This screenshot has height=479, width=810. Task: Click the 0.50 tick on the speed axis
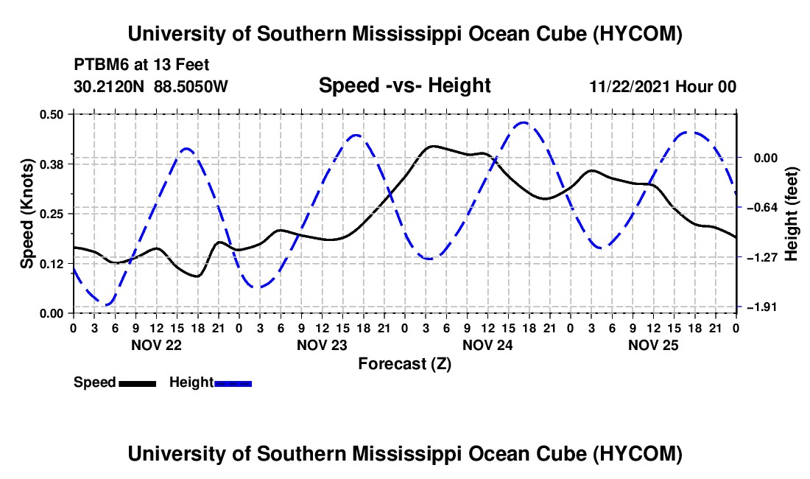tap(51, 114)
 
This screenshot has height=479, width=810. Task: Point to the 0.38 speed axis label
tap(51, 164)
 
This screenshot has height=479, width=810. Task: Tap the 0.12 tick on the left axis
tap(51, 264)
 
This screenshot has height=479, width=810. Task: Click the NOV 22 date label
tap(157, 345)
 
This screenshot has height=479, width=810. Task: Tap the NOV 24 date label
tap(487, 345)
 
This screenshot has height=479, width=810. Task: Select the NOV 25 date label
tap(653, 345)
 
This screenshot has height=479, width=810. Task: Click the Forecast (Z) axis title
tap(404, 364)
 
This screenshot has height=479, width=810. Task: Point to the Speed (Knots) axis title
tap(27, 214)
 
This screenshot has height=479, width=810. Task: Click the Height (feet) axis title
tap(792, 214)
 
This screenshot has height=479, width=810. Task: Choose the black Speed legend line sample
tap(138, 383)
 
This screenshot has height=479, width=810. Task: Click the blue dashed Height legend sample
tap(233, 383)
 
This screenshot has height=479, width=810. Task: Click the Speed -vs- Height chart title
tap(404, 85)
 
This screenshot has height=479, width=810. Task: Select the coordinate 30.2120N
tap(109, 86)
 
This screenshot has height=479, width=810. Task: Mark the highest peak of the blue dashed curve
tap(524, 122)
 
